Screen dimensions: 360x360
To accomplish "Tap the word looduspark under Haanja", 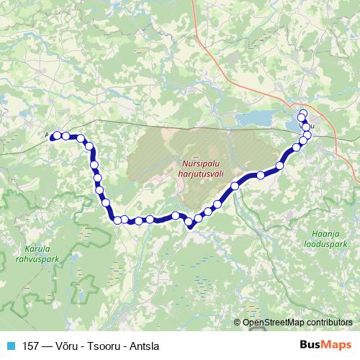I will [x=335, y=244].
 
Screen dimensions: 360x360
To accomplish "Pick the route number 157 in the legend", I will [x=32, y=345].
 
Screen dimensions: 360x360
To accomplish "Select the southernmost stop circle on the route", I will [x=190, y=224].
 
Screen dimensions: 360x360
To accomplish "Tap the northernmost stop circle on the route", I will [x=302, y=112].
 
